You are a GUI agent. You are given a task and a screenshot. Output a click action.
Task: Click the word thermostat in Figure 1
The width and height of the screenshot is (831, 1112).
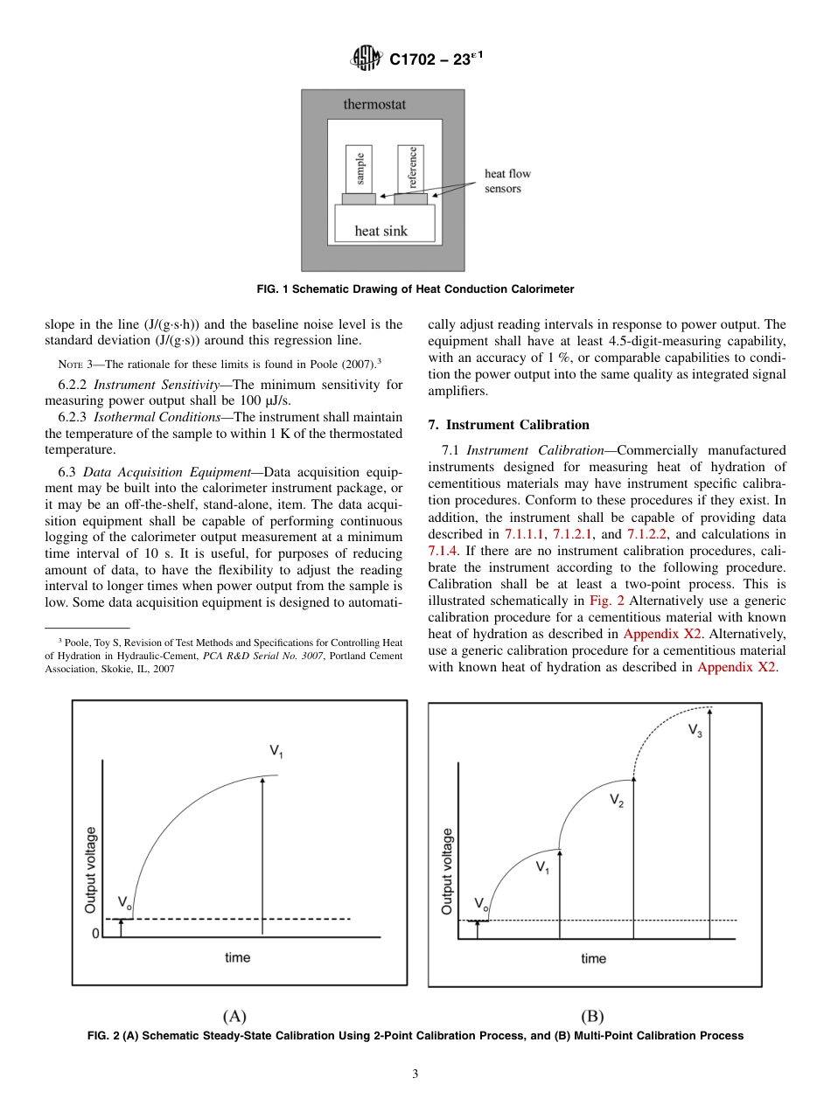[x=374, y=105]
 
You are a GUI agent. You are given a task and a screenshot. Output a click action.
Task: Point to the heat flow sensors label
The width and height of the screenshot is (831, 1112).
[x=507, y=181]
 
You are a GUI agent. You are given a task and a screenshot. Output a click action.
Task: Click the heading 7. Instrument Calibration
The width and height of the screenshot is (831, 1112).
[x=508, y=425]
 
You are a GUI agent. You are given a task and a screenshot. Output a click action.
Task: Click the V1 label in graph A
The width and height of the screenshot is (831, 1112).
[x=276, y=751]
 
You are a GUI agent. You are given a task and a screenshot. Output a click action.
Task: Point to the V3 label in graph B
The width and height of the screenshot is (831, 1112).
[x=695, y=730]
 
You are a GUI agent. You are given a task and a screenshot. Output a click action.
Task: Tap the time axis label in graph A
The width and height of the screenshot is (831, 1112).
[x=237, y=957]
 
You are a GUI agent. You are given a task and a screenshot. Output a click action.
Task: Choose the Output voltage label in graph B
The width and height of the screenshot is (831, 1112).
[x=447, y=872]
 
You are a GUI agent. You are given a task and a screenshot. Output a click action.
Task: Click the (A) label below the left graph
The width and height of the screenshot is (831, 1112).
[x=234, y=1016]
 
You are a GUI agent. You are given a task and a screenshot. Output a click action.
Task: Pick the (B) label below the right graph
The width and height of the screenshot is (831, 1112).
[x=592, y=1016]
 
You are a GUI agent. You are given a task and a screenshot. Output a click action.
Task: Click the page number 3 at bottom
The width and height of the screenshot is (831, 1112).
[x=415, y=1074]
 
